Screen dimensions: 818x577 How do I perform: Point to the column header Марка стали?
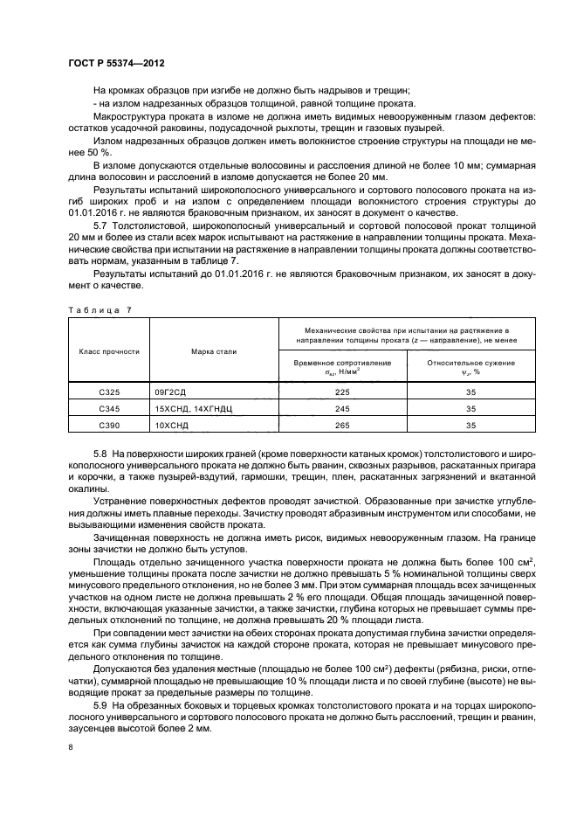pos(214,351)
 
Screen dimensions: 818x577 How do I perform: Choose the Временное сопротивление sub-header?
pos(342,366)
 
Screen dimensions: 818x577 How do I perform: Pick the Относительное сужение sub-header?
pos(471,366)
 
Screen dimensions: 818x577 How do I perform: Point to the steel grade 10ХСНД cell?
pos(173,426)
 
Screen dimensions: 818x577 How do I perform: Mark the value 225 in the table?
pos(342,393)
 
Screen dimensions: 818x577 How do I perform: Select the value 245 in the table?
pos(342,409)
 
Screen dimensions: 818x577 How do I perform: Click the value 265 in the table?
pos(342,426)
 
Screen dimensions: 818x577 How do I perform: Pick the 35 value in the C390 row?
pos(471,426)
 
